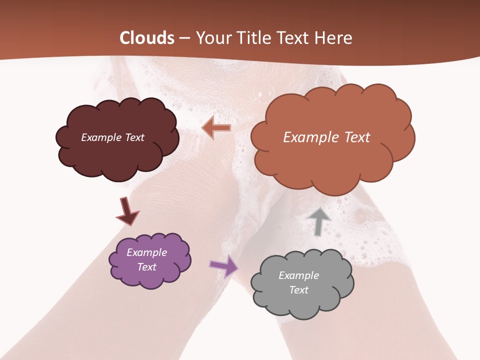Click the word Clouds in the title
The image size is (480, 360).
coord(146,38)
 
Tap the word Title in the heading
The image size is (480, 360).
coord(253,38)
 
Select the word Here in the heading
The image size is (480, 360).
coord(332,38)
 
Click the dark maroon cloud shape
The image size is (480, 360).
coord(117,160)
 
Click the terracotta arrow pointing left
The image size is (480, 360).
coord(216,128)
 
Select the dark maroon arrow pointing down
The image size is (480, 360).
coord(126,211)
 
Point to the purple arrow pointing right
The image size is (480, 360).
coord(223,265)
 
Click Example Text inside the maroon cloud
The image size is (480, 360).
coord(112,137)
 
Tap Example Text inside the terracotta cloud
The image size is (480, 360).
coord(326,137)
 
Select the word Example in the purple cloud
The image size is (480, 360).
coord(146,252)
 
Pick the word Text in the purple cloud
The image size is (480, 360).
coord(146,267)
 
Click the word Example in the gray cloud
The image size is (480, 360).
coord(298,275)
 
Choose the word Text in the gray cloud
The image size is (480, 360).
coord(298,290)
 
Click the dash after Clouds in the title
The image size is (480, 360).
coord(183,38)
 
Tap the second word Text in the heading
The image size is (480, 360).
coord(293,38)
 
